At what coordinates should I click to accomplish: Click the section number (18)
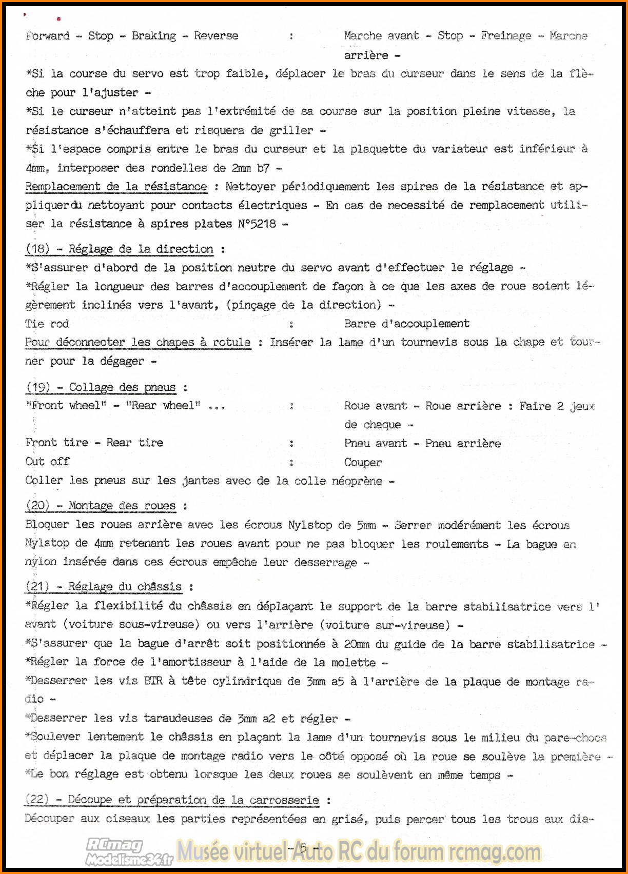37,249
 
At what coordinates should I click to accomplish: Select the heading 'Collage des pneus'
122,387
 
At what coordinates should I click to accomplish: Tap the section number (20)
37,506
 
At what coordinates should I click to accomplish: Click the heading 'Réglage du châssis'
125,587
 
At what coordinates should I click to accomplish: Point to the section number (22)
37,800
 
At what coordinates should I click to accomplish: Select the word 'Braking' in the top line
153,36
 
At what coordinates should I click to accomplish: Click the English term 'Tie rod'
47,324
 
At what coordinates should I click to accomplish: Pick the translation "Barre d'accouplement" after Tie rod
406,324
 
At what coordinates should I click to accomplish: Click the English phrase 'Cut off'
47,462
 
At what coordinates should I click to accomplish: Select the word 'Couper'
363,463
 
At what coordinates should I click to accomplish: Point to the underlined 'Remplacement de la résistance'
116,187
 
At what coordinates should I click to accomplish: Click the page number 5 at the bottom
303,848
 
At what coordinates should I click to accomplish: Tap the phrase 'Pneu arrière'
463,444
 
